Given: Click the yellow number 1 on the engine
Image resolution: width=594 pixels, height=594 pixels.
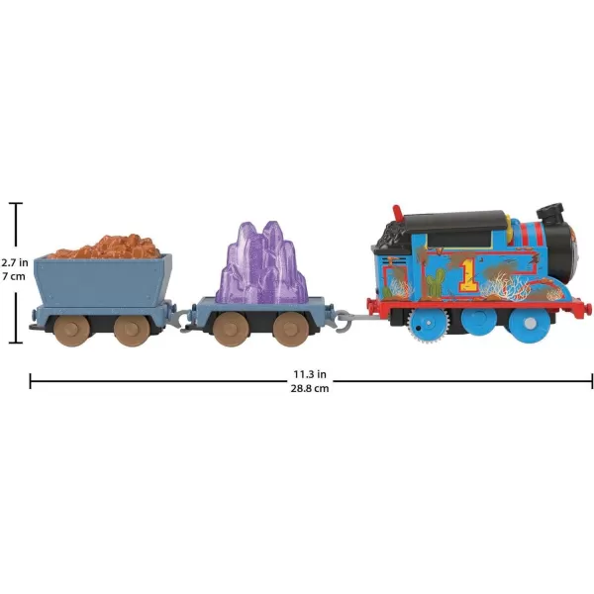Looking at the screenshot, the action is tap(468, 274).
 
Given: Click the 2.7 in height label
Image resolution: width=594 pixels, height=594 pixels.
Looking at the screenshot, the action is tap(15, 262).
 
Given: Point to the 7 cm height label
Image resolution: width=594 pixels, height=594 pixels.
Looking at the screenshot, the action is tap(14, 276).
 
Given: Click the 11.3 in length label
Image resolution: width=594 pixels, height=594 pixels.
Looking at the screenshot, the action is tap(310, 374).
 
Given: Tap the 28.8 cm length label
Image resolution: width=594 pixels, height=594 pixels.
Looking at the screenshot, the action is tap(310, 388).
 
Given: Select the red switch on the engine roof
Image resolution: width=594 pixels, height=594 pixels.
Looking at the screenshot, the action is tap(397, 213).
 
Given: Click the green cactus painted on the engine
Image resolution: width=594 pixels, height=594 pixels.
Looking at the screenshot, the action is tap(435, 283).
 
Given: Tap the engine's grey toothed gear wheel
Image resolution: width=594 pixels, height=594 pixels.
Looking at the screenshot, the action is tap(427, 323).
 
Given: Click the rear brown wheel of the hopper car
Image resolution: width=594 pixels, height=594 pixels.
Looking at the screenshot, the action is tap(71, 330).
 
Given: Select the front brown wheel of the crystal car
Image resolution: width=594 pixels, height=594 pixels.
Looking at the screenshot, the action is tap(291, 330).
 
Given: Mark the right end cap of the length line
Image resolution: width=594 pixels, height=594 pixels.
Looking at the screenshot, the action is tap(591, 381).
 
